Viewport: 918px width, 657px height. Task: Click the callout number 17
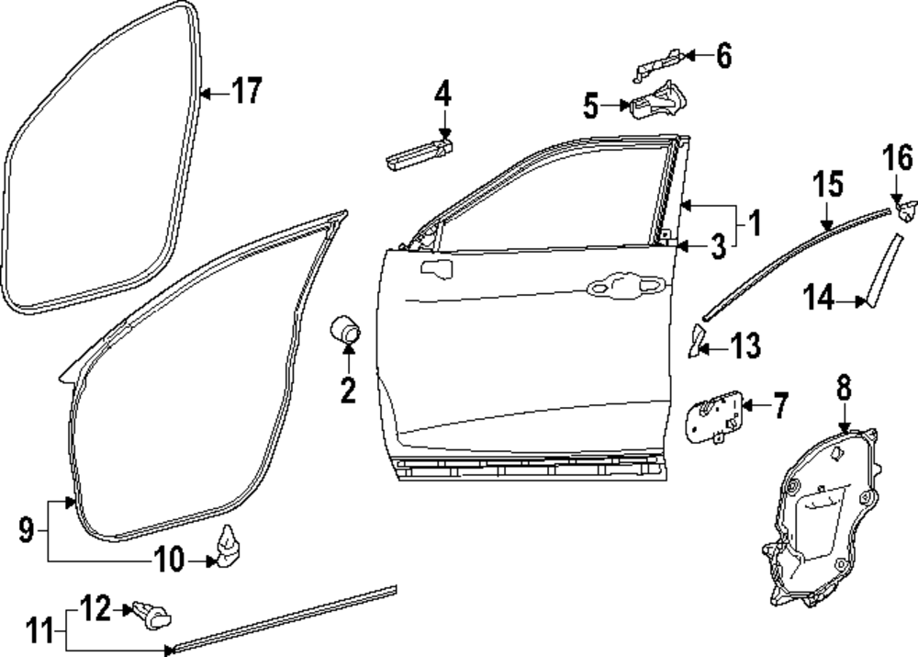click(x=245, y=92)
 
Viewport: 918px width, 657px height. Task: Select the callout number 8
click(x=844, y=389)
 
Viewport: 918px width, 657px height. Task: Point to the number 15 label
click(x=827, y=185)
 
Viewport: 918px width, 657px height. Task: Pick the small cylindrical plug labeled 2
click(x=346, y=328)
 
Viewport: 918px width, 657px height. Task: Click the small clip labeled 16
click(x=904, y=211)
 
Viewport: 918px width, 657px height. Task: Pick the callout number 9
click(x=27, y=529)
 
